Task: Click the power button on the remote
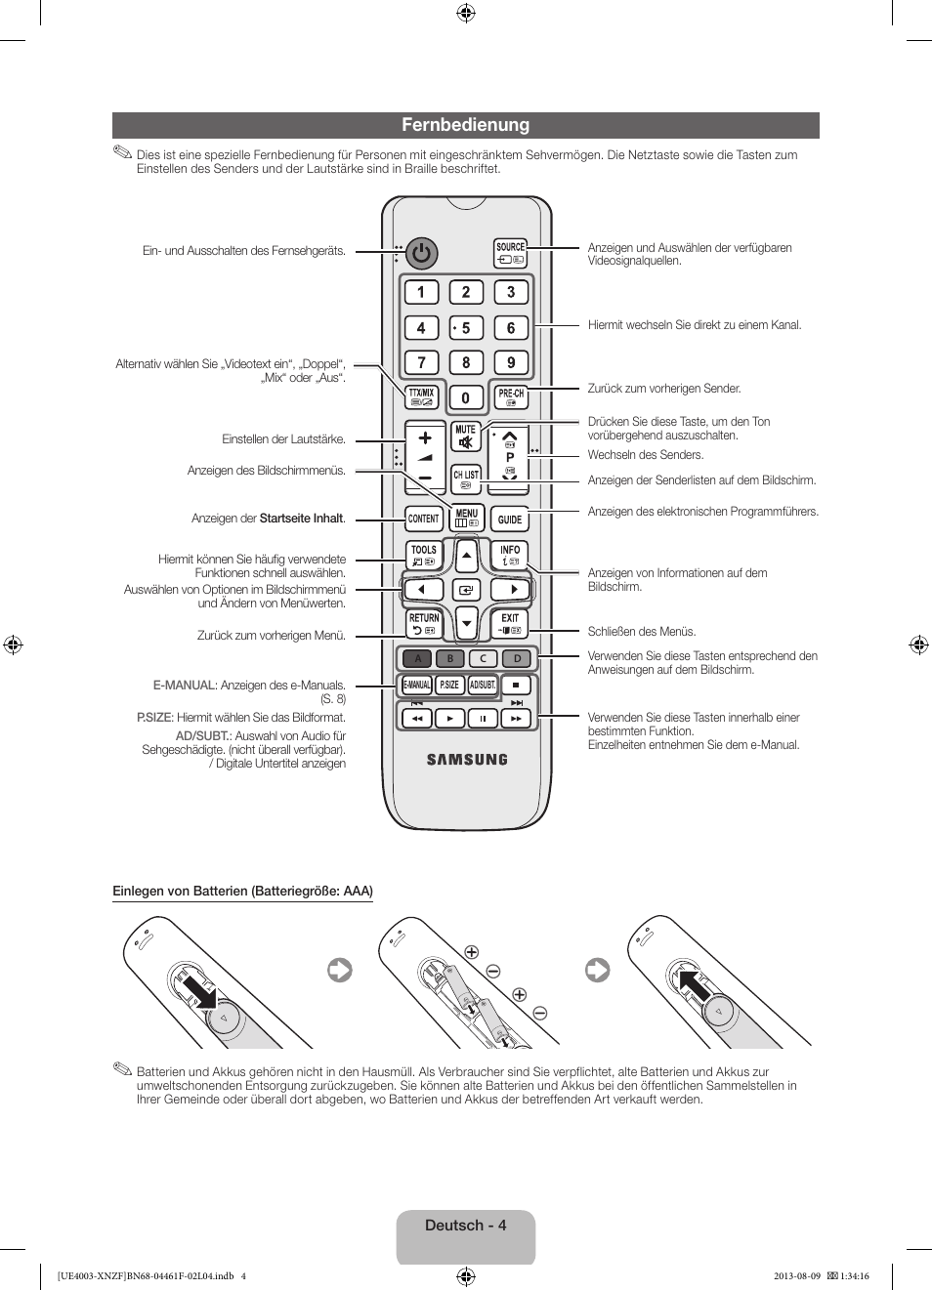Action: [x=422, y=253]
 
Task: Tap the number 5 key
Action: [x=465, y=328]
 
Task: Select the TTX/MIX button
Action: [x=421, y=397]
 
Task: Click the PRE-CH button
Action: [x=511, y=397]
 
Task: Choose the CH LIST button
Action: [x=466, y=479]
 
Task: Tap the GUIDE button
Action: [x=510, y=519]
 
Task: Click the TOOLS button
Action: [x=424, y=556]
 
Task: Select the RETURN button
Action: [x=424, y=624]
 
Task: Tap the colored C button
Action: [x=483, y=658]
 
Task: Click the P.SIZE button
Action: [x=449, y=685]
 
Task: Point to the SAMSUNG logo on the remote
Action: [x=467, y=760]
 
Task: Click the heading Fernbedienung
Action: [x=465, y=124]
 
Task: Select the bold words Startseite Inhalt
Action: [x=301, y=519]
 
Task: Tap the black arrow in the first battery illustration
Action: [x=197, y=990]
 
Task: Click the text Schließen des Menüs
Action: [x=642, y=632]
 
